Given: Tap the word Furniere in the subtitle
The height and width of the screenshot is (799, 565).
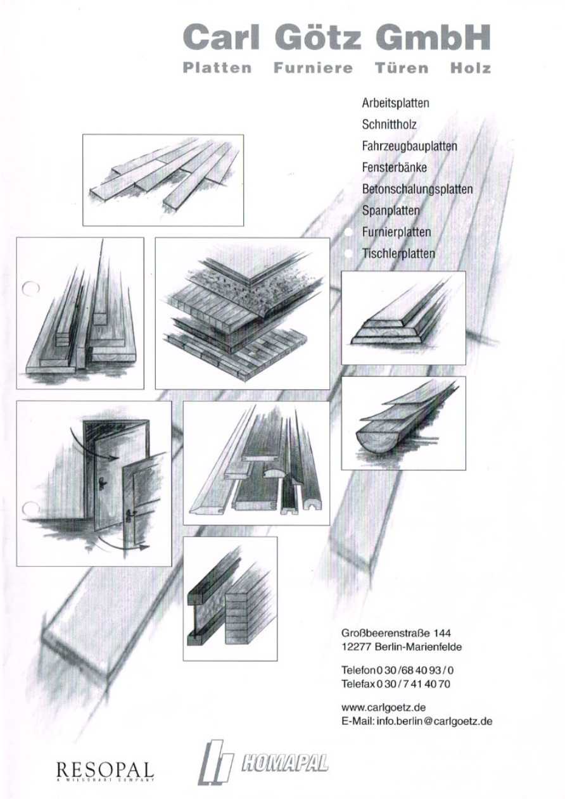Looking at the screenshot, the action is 313,68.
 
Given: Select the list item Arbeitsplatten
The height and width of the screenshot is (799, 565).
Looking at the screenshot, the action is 395,103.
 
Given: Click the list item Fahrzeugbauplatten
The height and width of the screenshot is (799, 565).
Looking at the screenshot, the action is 409,146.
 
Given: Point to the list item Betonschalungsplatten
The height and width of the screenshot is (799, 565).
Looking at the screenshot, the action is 417,189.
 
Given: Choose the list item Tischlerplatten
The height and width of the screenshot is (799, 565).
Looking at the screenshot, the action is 398,254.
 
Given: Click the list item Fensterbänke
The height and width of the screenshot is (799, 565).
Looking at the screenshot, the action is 394,167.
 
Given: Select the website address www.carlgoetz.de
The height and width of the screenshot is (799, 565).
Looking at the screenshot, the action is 383,707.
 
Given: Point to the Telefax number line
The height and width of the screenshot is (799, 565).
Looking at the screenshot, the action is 396,684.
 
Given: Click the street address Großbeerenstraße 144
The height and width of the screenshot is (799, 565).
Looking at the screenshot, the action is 396,633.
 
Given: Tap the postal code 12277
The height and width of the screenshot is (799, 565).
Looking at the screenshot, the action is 357,646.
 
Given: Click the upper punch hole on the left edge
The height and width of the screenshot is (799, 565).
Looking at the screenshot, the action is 30,288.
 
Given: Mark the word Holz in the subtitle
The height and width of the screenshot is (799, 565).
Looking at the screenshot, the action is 471,68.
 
